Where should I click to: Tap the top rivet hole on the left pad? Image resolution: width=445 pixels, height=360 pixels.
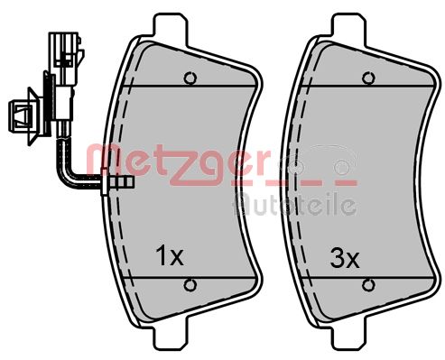pos(190,78)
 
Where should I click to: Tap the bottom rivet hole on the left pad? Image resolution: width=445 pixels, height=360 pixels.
pos(190,286)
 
